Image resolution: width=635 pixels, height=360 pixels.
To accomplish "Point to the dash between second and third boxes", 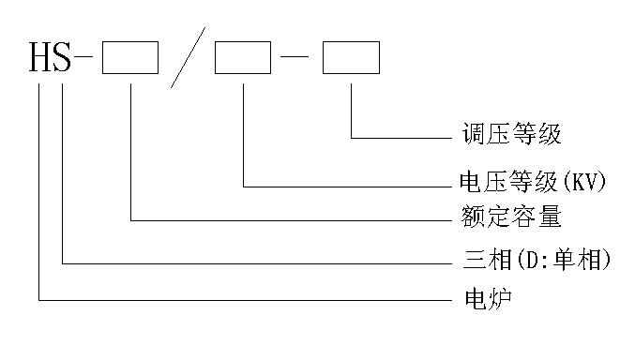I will click(x=296, y=60).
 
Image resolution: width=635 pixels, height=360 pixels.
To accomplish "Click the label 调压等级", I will click(x=512, y=135).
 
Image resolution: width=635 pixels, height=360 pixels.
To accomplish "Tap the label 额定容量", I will click(x=512, y=218).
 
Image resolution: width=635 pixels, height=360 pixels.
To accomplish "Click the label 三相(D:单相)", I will click(x=538, y=260).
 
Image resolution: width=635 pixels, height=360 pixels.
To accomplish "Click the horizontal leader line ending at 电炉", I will click(x=244, y=301).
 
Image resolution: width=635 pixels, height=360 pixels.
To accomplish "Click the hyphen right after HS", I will click(x=87, y=60).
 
